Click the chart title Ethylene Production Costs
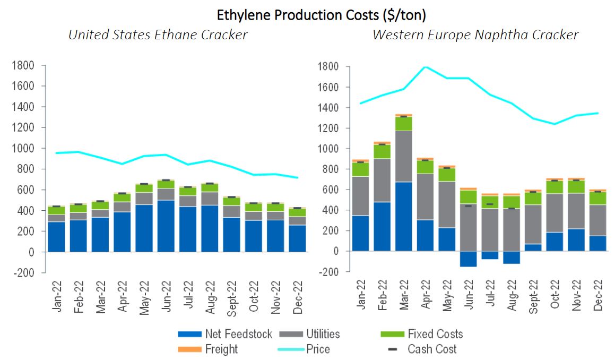tap(321, 15)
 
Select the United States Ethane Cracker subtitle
tap(158, 35)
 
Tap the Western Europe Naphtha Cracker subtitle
tap(475, 35)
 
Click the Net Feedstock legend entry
tap(238, 334)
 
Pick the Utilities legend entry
tap(323, 334)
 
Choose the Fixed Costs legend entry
tap(435, 334)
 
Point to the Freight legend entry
tap(221, 349)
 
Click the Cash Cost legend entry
tap(432, 349)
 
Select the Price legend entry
tap(318, 349)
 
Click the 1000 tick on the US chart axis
tap(23, 149)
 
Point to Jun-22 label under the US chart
tap(166, 298)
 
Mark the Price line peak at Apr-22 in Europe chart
tap(425, 67)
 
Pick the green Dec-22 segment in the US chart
tap(298, 212)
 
